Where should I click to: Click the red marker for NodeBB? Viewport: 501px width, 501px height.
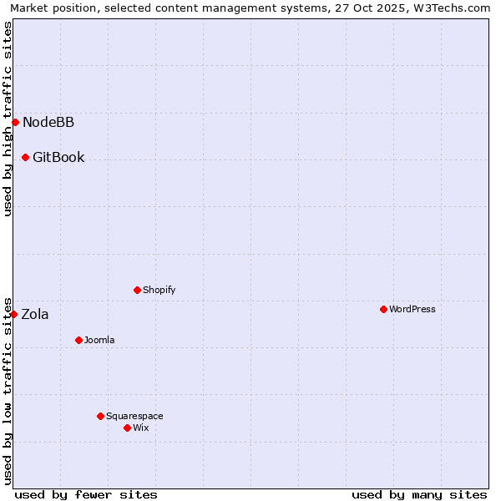[15, 122]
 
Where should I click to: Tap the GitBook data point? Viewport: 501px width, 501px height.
[25, 157]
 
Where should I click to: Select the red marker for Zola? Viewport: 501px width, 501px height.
[14, 314]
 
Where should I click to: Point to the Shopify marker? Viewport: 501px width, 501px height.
[137, 290]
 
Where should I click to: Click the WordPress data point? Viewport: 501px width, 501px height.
[383, 309]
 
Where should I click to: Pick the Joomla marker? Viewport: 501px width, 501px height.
[78, 340]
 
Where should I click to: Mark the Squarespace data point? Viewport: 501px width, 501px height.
[100, 416]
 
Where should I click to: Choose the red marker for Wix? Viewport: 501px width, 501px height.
[127, 428]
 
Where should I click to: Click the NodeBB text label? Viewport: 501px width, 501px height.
[48, 123]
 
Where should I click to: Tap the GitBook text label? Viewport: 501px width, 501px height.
[58, 158]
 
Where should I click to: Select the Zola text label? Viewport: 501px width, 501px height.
[35, 315]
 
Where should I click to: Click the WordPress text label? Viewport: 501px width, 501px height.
[412, 310]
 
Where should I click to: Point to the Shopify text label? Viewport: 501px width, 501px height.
[159, 291]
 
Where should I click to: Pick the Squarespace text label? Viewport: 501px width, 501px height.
[134, 417]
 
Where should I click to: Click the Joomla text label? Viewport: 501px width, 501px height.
[99, 341]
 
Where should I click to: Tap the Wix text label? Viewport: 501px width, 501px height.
[141, 428]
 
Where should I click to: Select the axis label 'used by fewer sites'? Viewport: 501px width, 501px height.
[86, 494]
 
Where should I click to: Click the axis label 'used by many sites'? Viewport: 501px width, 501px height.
[419, 494]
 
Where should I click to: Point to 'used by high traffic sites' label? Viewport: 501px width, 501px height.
[8, 119]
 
